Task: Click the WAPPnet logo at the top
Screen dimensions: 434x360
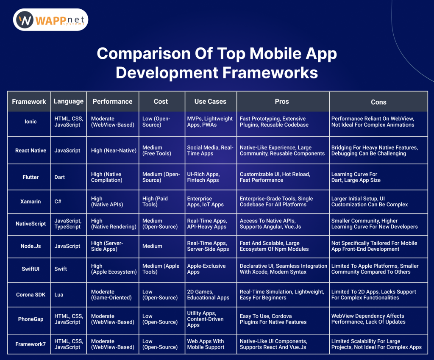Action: pyautogui.click(x=50, y=19)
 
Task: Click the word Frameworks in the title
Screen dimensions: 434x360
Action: pyautogui.click(x=270, y=73)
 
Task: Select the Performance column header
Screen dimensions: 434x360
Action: pyautogui.click(x=112, y=102)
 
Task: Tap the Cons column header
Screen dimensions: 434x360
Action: pyautogui.click(x=378, y=102)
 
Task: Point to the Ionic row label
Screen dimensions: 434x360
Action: pyautogui.click(x=31, y=122)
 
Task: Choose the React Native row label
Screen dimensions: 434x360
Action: pyautogui.click(x=31, y=150)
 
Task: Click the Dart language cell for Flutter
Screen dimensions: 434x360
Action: pyautogui.click(x=59, y=177)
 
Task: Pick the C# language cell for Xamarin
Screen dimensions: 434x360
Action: pyautogui.click(x=58, y=202)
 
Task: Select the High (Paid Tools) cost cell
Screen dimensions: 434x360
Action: pyautogui.click(x=155, y=202)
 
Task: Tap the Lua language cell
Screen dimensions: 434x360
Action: pyautogui.click(x=58, y=295)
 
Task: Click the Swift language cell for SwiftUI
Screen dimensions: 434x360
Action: pyautogui.click(x=61, y=269)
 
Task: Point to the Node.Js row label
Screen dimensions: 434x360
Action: pyautogui.click(x=31, y=246)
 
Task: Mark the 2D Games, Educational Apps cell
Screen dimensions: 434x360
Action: pyautogui.click(x=208, y=295)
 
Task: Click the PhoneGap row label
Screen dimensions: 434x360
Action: pyautogui.click(x=31, y=319)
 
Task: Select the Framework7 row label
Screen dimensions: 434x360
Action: pyautogui.click(x=31, y=344)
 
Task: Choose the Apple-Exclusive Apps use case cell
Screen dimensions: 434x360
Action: pyautogui.click(x=206, y=269)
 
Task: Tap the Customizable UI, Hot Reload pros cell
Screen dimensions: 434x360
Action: pyautogui.click(x=275, y=177)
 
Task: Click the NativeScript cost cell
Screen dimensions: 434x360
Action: pyautogui.click(x=160, y=224)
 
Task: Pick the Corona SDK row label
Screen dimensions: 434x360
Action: pyautogui.click(x=31, y=295)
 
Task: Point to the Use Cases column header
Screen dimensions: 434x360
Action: pyautogui.click(x=210, y=102)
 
